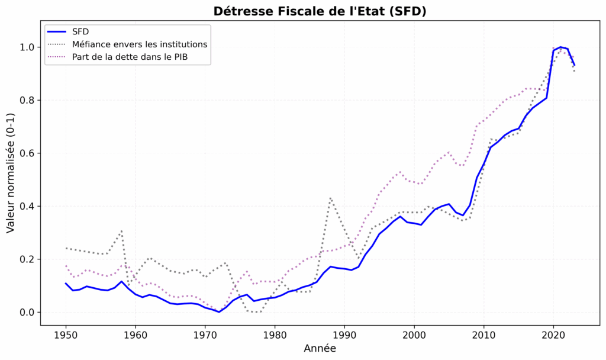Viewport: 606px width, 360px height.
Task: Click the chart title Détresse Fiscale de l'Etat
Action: point(320,11)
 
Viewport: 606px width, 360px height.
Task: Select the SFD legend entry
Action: point(80,31)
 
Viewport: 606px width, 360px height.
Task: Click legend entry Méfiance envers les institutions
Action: point(139,44)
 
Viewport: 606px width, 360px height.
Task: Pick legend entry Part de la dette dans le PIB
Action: point(133,57)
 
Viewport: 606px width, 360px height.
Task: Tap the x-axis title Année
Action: point(320,349)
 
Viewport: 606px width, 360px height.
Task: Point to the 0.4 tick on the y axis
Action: point(27,206)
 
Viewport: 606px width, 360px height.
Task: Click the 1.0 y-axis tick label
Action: point(27,47)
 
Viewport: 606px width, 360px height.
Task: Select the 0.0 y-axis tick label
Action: point(27,312)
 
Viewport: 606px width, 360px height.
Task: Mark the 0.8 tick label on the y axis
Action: point(27,100)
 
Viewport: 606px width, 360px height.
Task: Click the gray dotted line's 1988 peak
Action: point(330,198)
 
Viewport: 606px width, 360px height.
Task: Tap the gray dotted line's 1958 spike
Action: point(121,231)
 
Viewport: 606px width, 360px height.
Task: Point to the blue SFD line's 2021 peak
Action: point(560,47)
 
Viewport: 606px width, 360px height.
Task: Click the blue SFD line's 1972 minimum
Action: point(219,312)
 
